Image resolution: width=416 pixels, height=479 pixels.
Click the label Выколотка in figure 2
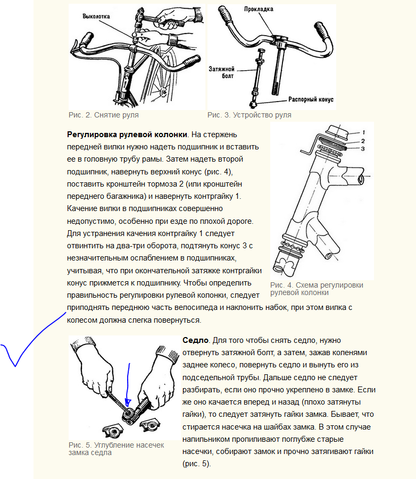96,16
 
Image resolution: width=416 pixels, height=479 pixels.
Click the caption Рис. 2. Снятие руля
104,115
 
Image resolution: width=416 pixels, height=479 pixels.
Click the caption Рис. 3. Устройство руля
249,115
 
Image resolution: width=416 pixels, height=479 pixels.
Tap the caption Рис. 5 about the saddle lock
117,449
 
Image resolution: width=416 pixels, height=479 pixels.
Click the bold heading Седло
195,340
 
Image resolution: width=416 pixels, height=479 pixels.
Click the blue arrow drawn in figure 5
128,385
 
